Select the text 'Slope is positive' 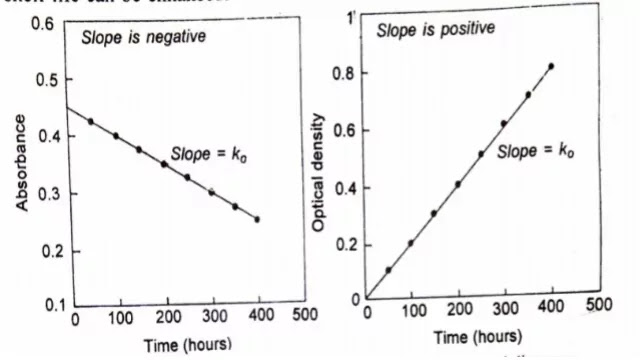click(435, 29)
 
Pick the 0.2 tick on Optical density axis click(344, 243)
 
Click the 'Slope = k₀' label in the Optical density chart click(536, 152)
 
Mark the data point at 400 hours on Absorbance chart click(257, 219)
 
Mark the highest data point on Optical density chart click(551, 66)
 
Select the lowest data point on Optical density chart click(388, 270)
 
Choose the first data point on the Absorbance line click(91, 122)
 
